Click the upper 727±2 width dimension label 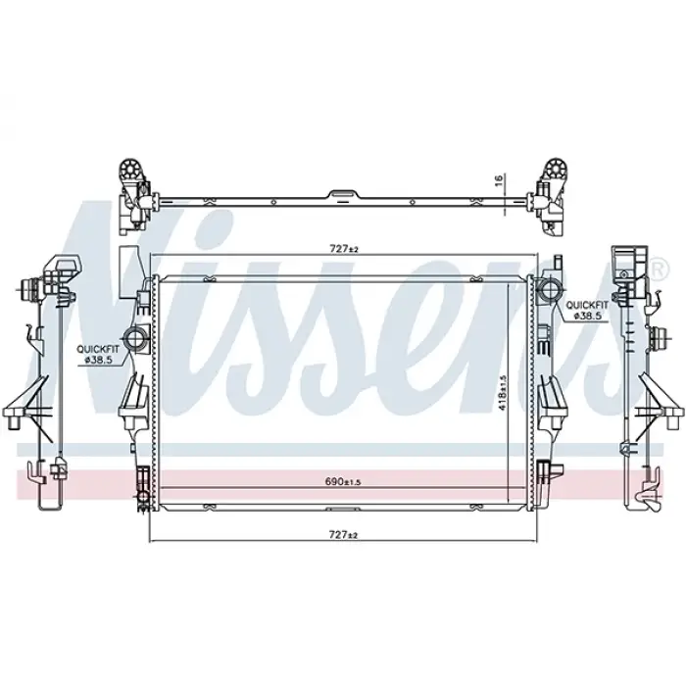342,250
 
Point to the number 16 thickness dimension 498,180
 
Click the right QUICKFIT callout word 587,305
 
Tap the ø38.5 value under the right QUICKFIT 587,317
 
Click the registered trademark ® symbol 656,268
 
